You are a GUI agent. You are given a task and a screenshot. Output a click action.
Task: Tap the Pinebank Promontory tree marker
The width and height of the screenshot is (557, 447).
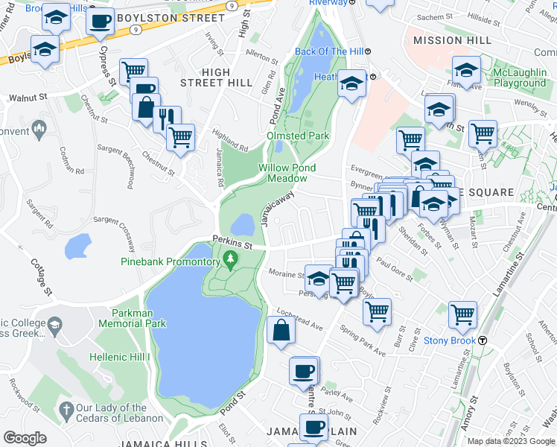click(x=231, y=260)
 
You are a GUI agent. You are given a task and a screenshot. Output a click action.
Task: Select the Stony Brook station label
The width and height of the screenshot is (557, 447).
click(x=450, y=341)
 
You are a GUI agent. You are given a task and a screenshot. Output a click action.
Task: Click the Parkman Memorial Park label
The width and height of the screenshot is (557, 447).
click(x=139, y=319)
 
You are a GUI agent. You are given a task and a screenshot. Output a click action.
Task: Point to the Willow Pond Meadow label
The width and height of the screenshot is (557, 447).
click(x=282, y=173)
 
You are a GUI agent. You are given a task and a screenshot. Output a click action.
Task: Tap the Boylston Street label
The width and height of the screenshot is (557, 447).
click(x=181, y=18)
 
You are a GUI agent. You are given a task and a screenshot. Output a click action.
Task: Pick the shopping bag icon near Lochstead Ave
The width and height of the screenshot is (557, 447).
click(x=281, y=331)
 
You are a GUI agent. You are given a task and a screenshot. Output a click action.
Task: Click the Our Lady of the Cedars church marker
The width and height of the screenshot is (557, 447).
click(x=66, y=409)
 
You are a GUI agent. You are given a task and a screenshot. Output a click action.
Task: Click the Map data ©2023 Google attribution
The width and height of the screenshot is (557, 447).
click(x=511, y=440)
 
